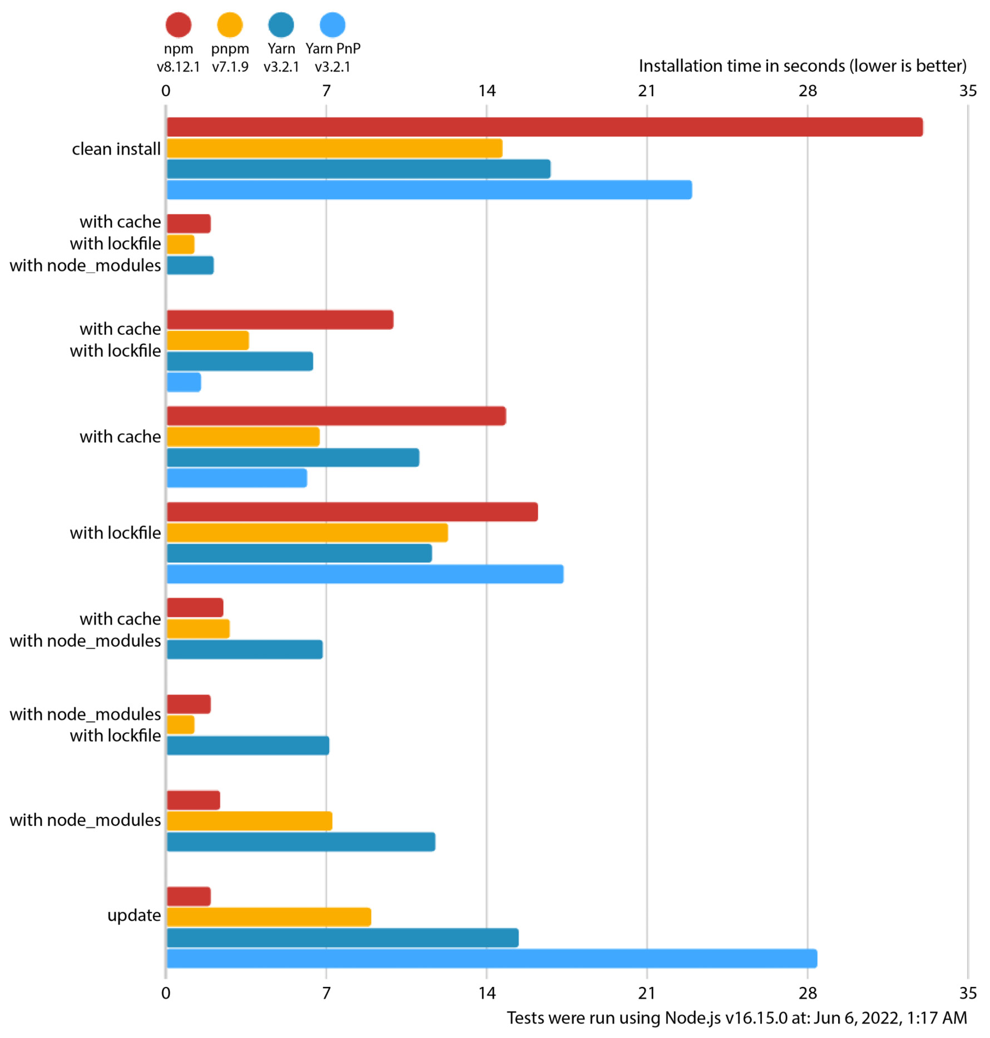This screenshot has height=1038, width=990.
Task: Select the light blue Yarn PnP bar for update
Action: coord(491,958)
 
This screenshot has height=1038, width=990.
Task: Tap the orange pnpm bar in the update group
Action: coord(269,917)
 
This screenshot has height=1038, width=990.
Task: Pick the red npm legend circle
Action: coord(179,24)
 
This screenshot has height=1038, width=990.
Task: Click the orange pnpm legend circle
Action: coord(230,24)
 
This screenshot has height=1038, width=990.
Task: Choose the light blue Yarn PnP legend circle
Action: coord(333,24)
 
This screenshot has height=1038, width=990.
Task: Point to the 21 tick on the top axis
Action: coord(646,91)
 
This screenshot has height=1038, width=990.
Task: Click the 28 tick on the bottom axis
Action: coord(807,993)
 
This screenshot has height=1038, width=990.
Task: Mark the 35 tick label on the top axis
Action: coord(968,91)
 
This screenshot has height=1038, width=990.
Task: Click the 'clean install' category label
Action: coord(116,149)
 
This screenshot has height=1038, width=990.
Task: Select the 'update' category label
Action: coord(134,915)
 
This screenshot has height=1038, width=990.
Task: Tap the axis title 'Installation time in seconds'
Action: coord(802,66)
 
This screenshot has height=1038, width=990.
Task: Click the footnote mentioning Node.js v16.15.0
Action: coord(736,1018)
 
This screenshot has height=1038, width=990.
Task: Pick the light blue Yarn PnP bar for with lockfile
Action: coord(365,574)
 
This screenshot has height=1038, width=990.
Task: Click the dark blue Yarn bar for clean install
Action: coord(358,169)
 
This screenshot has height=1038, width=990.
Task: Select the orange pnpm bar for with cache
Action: coord(243,437)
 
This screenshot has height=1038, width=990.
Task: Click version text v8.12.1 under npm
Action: coord(178,67)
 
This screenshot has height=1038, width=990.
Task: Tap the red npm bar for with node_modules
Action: coord(193,800)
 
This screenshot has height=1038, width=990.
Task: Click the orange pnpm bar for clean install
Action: coord(334,148)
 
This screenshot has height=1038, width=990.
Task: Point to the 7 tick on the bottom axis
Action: coord(326,993)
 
